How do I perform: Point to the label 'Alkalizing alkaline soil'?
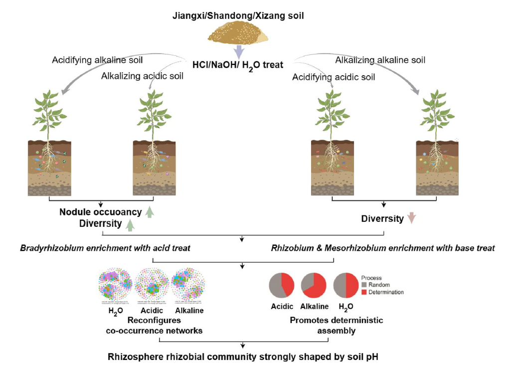point(380,60)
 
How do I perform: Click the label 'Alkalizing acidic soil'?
point(142,76)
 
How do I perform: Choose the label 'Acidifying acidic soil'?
point(334,77)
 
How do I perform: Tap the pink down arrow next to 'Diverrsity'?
point(411,218)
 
